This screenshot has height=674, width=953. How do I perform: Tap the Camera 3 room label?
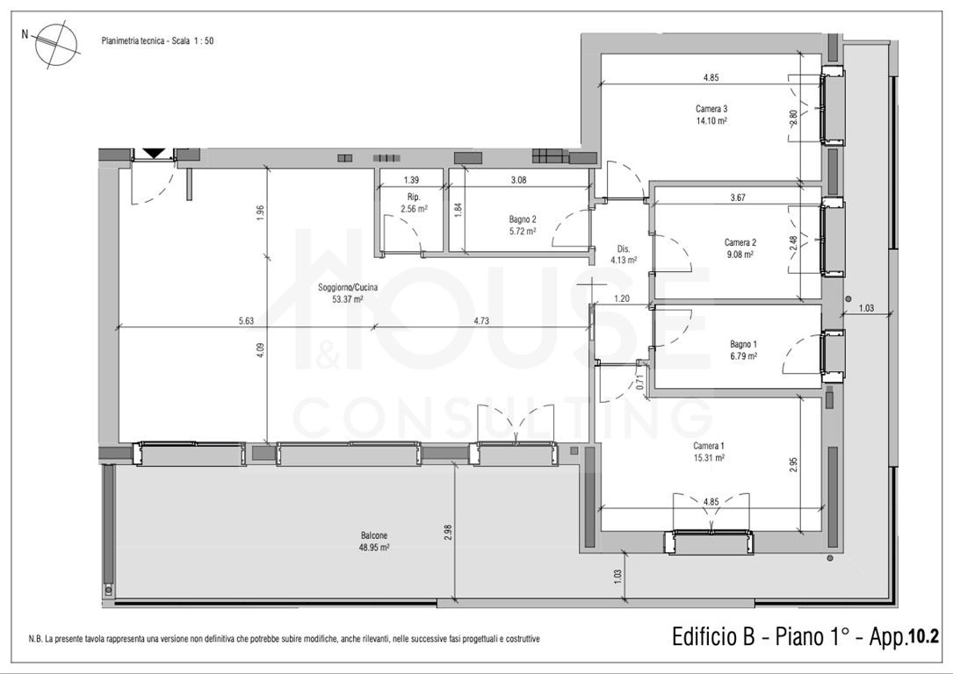711,115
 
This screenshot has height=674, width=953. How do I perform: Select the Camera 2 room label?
740,248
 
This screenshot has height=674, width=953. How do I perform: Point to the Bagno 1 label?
743,350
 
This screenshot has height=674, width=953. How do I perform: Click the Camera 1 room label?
709,452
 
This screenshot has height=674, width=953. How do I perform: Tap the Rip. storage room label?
414,203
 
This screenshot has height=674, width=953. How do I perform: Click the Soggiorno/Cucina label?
348,293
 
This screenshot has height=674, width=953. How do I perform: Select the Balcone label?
374,541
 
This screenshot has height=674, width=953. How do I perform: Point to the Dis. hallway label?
624,255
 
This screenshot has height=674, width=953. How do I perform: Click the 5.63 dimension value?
246,321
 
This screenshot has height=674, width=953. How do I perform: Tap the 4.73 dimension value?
481,321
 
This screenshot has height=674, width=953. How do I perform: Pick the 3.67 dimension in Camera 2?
737,197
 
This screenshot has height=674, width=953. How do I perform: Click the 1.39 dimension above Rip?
411,180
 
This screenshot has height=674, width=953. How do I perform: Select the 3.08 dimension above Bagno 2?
518,180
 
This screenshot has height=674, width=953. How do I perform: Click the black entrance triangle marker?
155,154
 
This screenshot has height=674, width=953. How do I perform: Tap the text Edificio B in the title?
713,637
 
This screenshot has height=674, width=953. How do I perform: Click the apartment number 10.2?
923,637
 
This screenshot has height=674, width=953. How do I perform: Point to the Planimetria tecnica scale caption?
157,41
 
